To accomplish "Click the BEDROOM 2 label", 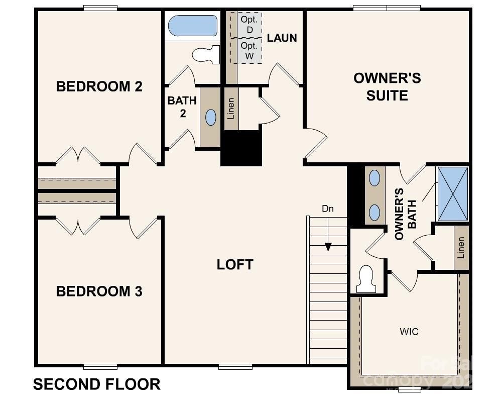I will [99, 86].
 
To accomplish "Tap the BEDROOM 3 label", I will [99, 291].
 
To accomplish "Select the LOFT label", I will [235, 264].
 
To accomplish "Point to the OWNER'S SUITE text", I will [387, 86].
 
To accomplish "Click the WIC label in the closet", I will [409, 332].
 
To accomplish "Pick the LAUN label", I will [282, 38].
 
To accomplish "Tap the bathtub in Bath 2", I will [192, 26].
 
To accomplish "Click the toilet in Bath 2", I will [206, 54].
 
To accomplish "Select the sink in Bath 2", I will [211, 117].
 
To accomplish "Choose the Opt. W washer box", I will [249, 51].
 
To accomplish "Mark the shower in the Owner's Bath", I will [453, 194].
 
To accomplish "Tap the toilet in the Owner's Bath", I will [366, 279].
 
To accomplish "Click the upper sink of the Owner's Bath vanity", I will [374, 178].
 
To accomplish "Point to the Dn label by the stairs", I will [328, 209].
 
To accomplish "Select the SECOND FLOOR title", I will [97, 384].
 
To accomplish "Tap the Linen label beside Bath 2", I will [231, 108].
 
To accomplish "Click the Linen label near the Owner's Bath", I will [461, 247].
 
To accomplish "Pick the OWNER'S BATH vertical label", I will [406, 214].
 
